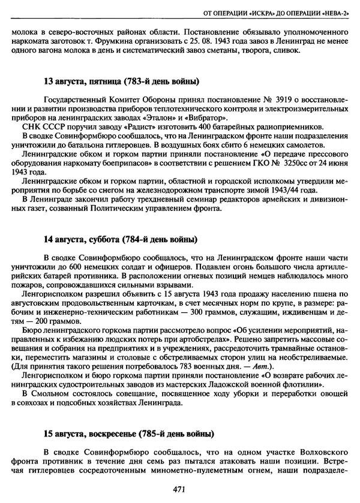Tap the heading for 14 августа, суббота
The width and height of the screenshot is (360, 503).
[120, 240]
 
